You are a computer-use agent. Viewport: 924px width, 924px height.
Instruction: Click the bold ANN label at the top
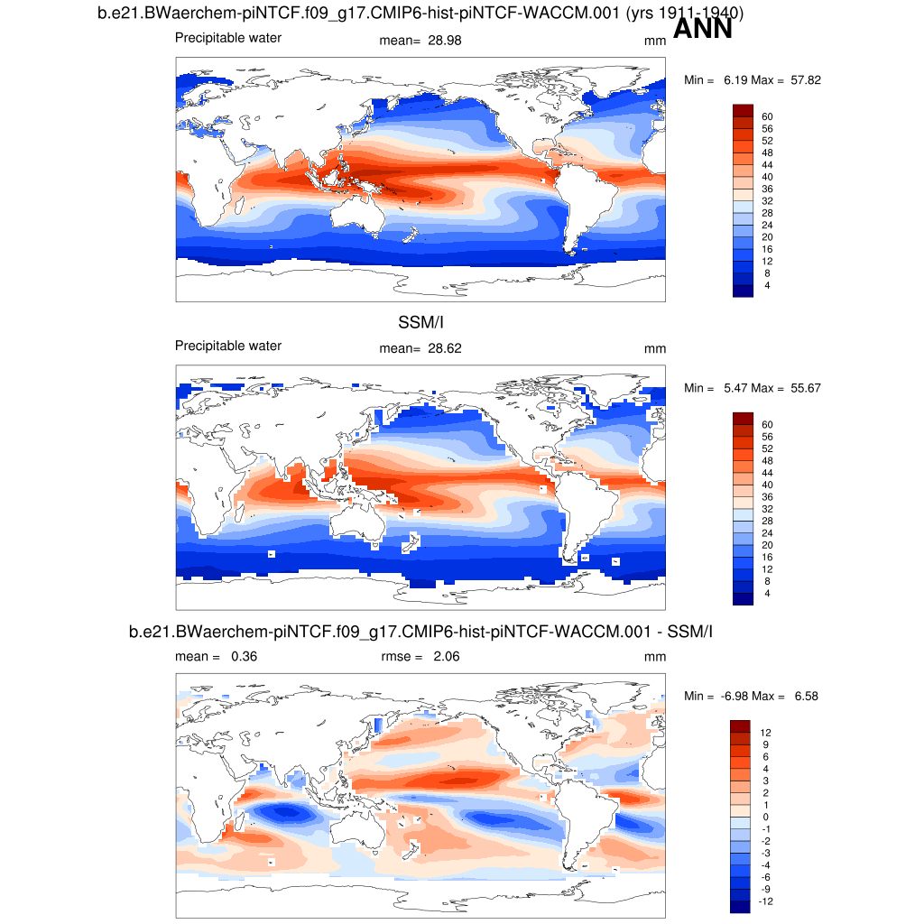tap(702, 29)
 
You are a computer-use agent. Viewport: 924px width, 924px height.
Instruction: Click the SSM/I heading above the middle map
tap(420, 322)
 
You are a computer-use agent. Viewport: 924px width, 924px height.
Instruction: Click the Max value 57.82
tap(802, 80)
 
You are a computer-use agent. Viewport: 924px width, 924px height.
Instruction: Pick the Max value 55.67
tap(802, 388)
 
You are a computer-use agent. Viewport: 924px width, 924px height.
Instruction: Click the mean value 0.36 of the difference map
tap(244, 657)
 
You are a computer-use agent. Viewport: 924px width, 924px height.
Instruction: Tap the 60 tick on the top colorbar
tap(768, 116)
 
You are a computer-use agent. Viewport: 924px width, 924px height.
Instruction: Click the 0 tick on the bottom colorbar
tap(765, 818)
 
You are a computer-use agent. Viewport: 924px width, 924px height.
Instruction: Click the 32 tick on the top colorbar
tap(768, 200)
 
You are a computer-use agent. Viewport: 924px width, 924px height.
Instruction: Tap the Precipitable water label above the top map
tap(228, 38)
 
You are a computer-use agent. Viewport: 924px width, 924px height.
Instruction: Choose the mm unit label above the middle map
tap(654, 348)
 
